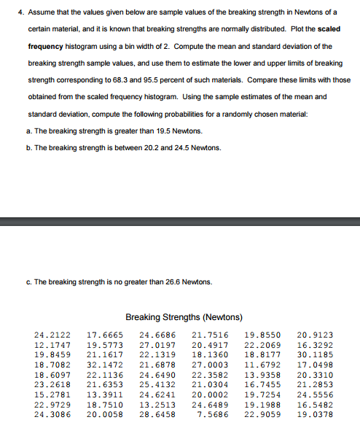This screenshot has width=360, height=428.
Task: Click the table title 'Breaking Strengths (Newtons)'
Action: pos(184,317)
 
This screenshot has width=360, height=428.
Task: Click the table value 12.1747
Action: pos(50,345)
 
